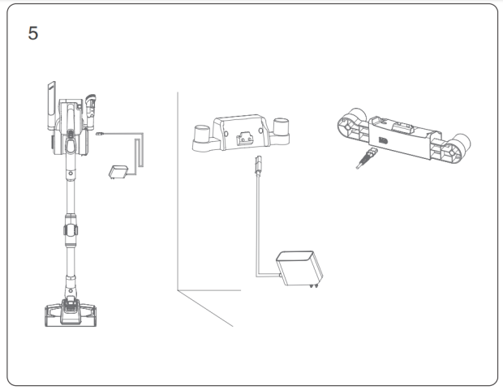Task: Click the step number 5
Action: click(33, 33)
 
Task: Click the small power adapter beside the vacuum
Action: click(118, 172)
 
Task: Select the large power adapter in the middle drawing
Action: click(299, 268)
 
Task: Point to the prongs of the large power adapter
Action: click(314, 285)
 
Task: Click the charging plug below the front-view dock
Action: click(258, 165)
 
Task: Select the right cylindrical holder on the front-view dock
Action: click(281, 126)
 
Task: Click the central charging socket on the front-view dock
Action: click(245, 138)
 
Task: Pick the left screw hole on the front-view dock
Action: click(226, 134)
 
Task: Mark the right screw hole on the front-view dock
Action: click(260, 131)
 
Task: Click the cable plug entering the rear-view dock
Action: click(367, 158)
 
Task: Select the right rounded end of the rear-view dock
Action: click(457, 148)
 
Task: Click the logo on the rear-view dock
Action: click(384, 141)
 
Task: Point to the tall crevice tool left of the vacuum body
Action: click(51, 106)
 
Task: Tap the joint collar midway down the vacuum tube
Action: click(71, 230)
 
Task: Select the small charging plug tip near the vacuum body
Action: click(100, 134)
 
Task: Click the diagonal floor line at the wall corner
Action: click(205, 309)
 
